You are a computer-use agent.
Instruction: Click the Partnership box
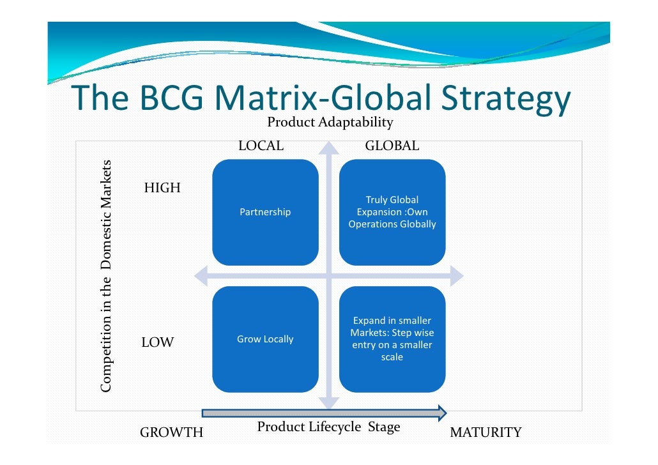[x=265, y=212]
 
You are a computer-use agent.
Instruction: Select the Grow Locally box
[x=265, y=339]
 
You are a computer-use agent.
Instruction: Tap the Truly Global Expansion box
[x=392, y=212]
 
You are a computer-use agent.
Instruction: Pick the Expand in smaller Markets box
[x=392, y=339]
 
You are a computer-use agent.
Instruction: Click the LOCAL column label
[x=261, y=146]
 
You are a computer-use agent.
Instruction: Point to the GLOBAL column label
[x=392, y=146]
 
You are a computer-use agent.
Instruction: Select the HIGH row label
[x=162, y=188]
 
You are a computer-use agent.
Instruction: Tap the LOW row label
[x=157, y=343]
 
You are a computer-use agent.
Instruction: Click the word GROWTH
[x=171, y=433]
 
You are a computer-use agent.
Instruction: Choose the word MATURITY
[x=486, y=433]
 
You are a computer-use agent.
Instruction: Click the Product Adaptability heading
[x=330, y=122]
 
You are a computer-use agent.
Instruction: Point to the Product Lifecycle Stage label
[x=328, y=427]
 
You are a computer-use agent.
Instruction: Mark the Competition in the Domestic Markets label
[x=107, y=275]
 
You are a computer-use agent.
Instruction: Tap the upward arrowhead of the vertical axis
[x=329, y=148]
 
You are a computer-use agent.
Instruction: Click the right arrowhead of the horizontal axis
[x=457, y=276]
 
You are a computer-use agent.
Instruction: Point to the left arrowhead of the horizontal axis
[x=201, y=276]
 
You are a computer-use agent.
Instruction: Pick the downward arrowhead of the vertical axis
[x=329, y=402]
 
